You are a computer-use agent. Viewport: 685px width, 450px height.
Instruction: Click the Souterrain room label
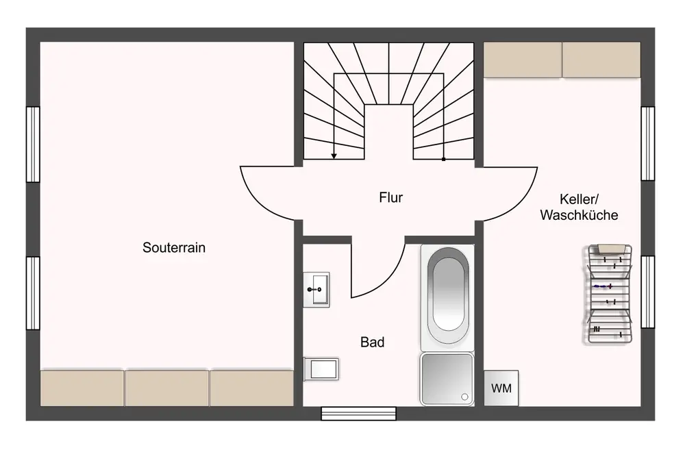point(174,248)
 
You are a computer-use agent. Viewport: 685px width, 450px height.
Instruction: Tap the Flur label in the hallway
point(391,197)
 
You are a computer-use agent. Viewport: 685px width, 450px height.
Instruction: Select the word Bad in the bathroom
point(373,342)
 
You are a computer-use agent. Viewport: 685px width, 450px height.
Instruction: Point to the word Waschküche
point(579,215)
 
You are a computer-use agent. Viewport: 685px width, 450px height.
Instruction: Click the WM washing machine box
point(501,388)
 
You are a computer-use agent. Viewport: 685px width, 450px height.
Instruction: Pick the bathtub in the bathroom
point(447,297)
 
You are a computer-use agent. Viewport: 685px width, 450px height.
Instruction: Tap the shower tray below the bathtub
point(447,379)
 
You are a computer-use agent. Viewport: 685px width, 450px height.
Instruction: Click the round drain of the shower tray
point(465,397)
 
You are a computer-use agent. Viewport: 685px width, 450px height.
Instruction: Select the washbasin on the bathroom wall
point(316,290)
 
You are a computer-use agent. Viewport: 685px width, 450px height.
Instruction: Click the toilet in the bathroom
point(321,369)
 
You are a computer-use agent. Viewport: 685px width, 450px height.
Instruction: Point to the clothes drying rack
point(609,294)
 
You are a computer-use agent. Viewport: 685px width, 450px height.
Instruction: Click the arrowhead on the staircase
point(334,156)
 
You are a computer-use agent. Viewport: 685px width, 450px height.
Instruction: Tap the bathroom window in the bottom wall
point(359,413)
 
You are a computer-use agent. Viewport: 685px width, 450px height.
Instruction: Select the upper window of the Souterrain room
point(33,144)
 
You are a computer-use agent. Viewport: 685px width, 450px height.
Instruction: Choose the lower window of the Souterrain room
point(33,293)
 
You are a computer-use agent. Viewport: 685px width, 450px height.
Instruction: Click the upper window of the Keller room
point(648,143)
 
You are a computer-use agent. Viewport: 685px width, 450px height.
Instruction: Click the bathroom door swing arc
point(389,279)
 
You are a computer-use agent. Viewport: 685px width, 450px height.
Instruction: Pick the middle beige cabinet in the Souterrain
point(167,388)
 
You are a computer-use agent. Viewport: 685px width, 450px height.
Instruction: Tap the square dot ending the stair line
point(443,160)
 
